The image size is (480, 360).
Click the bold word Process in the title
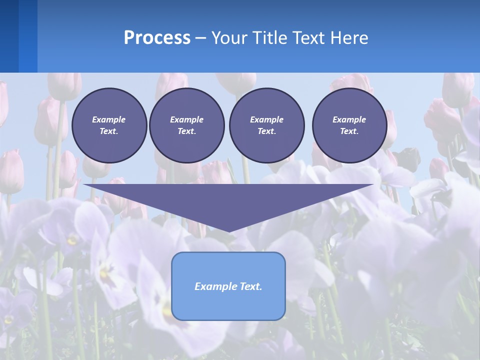pyautogui.click(x=157, y=38)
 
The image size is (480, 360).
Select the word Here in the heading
pyautogui.click(x=348, y=38)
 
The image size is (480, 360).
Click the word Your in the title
pyautogui.click(x=229, y=38)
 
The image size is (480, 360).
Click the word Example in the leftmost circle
pyautogui.click(x=108, y=119)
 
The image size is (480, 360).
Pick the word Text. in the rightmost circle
pyautogui.click(x=349, y=131)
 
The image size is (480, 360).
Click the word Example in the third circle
pyautogui.click(x=266, y=119)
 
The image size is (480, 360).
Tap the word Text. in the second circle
pyautogui.click(x=186, y=131)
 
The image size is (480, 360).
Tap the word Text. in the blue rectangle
pyautogui.click(x=250, y=286)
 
